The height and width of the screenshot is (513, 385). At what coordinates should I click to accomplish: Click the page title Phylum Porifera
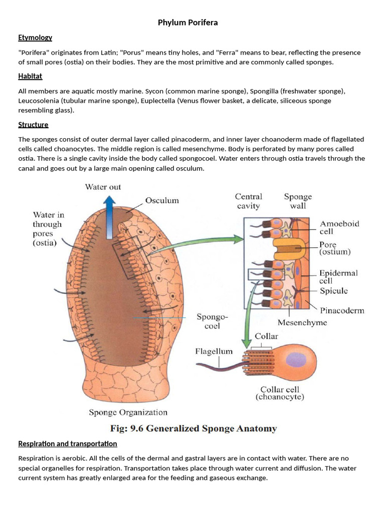[187, 23]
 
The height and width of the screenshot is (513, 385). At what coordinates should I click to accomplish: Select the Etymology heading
[35, 38]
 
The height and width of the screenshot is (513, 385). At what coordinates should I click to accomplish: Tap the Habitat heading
[30, 76]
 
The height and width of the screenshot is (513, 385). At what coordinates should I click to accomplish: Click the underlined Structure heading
[33, 125]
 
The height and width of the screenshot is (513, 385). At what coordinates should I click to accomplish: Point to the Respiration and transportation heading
[68, 444]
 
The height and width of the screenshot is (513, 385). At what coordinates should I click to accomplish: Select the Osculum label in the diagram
[162, 200]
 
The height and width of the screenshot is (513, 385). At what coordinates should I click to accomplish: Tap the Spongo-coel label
[212, 321]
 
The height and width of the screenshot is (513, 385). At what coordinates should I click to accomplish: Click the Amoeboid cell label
[339, 228]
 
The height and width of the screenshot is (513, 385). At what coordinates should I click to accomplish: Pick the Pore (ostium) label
[338, 248]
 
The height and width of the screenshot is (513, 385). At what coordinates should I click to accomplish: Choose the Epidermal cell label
[339, 277]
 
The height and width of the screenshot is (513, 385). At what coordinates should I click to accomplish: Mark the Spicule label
[334, 291]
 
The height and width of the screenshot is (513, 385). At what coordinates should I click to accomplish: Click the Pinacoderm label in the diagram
[342, 311]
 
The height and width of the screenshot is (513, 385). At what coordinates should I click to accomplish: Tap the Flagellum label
[214, 352]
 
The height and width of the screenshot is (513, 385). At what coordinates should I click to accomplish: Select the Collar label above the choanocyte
[266, 336]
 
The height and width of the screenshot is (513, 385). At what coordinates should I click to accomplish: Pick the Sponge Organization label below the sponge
[128, 412]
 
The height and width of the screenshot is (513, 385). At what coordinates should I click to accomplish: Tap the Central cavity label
[249, 201]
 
